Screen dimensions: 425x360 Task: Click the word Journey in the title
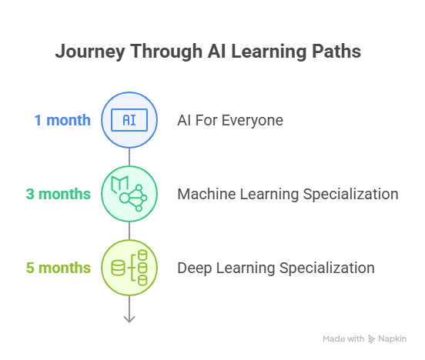click(90, 52)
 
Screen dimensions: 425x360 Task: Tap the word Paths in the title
click(336, 51)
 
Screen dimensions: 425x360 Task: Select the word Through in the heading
click(166, 52)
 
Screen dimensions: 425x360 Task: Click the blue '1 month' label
click(62, 120)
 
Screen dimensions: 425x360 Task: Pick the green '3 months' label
click(59, 194)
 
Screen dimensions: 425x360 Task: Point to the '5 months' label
click(59, 268)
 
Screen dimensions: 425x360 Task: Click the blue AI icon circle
click(129, 120)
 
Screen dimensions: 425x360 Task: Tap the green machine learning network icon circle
click(129, 194)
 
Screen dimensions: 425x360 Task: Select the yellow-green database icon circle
click(129, 268)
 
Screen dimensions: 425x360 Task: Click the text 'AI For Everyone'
click(230, 121)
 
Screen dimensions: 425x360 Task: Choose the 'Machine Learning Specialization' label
click(288, 194)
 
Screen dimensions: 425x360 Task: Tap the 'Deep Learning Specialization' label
click(276, 268)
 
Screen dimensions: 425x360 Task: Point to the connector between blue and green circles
click(129, 157)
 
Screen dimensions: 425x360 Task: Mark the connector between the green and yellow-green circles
click(129, 231)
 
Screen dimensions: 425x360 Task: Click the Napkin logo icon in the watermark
click(371, 339)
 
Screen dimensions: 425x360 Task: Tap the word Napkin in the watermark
click(392, 339)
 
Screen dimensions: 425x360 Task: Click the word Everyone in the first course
click(253, 121)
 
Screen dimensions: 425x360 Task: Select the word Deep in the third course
click(195, 268)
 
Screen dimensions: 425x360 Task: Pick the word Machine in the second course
click(206, 194)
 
